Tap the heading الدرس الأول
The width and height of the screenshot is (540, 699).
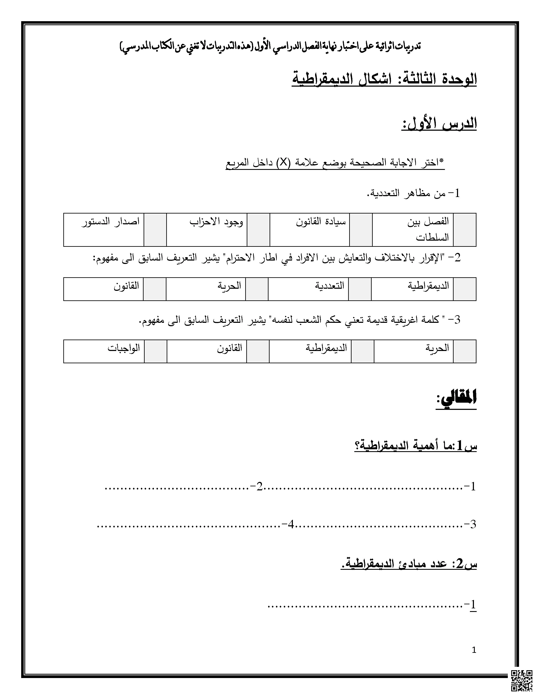click(x=439, y=124)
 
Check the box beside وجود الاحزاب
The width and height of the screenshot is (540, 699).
click(x=258, y=230)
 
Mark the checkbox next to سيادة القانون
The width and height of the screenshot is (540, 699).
click(x=361, y=230)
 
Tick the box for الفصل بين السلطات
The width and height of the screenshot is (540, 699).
click(x=464, y=230)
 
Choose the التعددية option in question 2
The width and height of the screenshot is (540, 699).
click(x=330, y=286)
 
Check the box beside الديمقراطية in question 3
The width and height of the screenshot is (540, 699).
click(x=363, y=351)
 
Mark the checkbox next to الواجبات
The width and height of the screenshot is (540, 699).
click(x=155, y=351)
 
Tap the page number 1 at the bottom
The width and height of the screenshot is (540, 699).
click(x=474, y=650)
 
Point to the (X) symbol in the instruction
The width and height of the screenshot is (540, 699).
click(x=283, y=163)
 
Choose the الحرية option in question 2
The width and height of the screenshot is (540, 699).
click(x=229, y=286)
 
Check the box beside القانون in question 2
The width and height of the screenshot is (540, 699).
click(x=155, y=289)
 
